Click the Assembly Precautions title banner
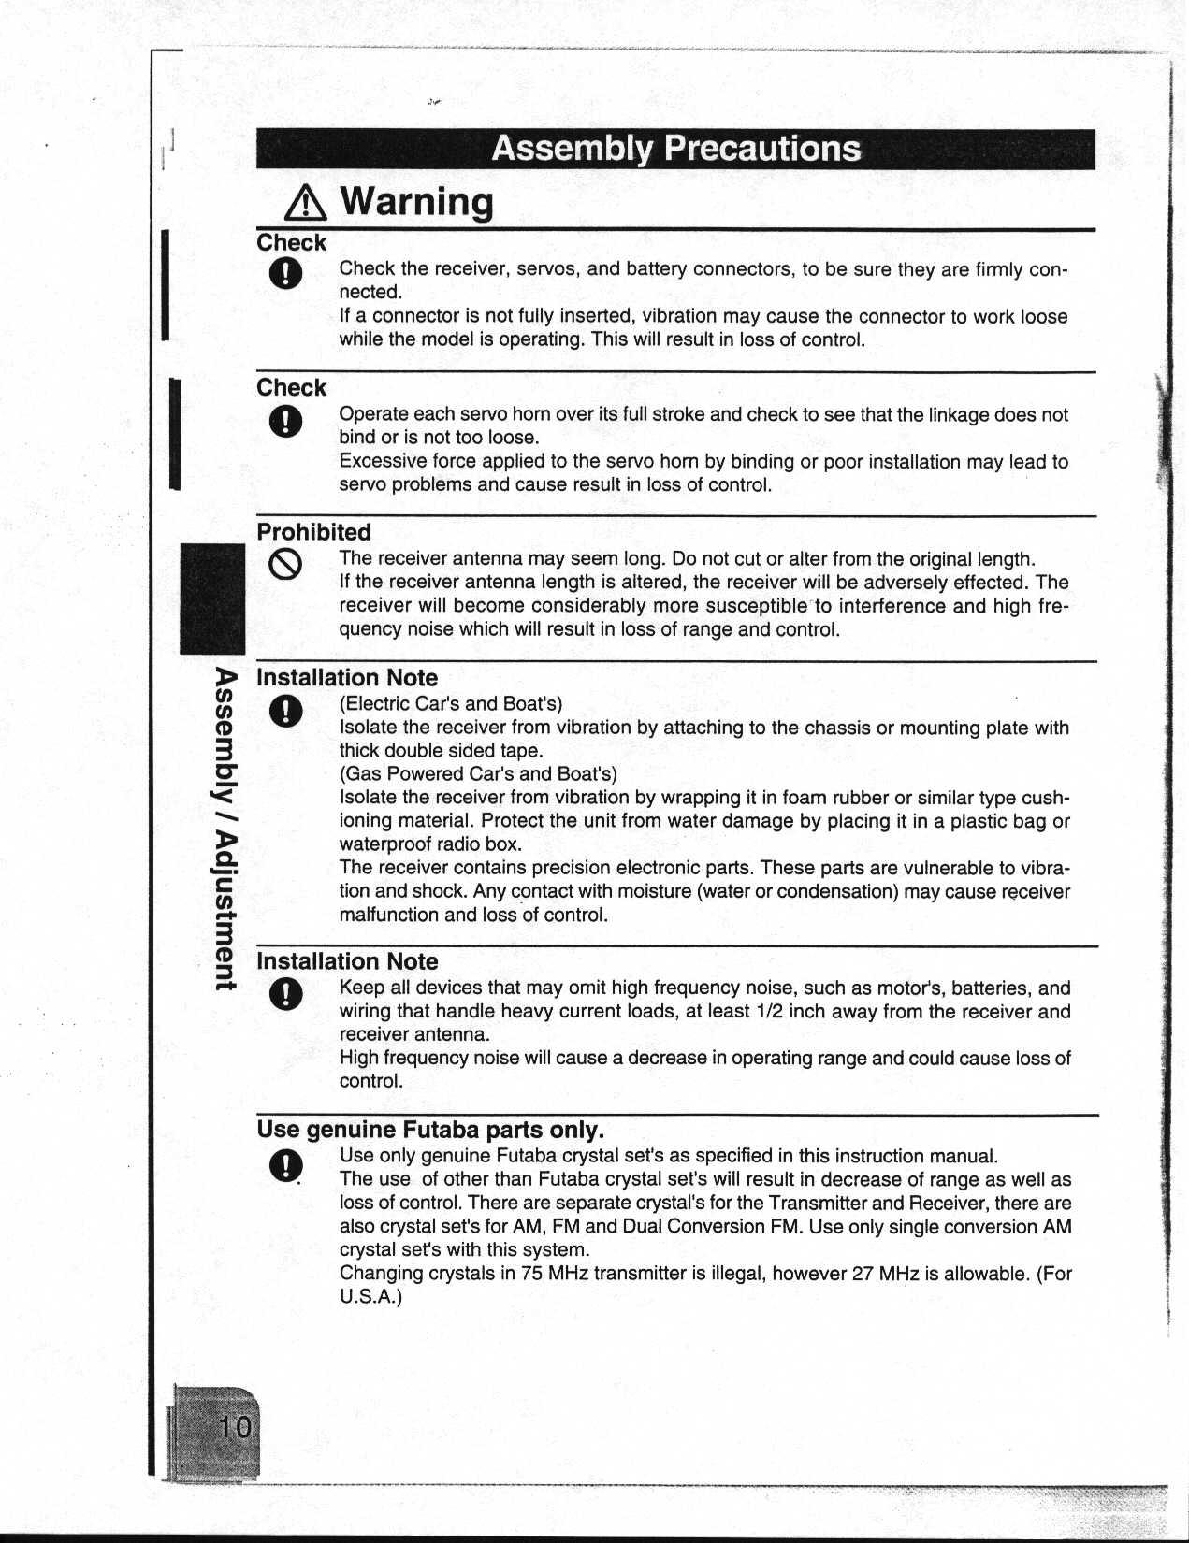pos(675,149)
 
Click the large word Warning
pos(416,201)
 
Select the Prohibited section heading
pos(313,532)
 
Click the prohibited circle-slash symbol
pos(285,564)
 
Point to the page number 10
pos(235,1427)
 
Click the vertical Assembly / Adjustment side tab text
pos(225,829)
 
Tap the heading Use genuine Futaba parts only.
pos(430,1130)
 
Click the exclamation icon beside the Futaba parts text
pos(285,1166)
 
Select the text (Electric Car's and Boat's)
pos(451,704)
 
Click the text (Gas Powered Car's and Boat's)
pos(478,774)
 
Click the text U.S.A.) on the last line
pos(370,1297)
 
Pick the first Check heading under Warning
pos(291,243)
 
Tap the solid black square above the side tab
pos(212,598)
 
